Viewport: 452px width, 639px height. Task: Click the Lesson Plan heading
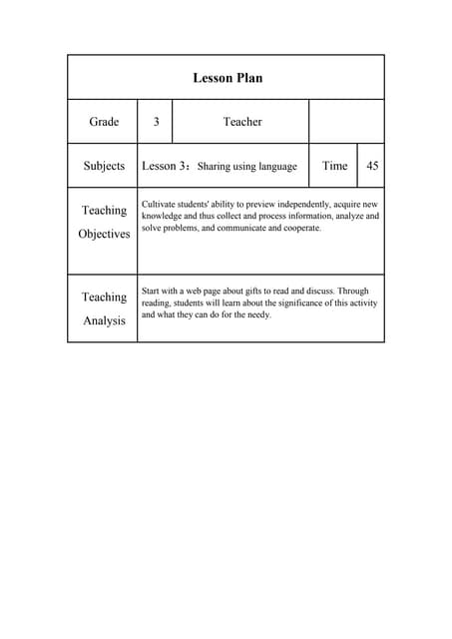tap(226, 78)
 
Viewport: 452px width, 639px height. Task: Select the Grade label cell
tap(104, 122)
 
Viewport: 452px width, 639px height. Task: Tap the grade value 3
tap(156, 122)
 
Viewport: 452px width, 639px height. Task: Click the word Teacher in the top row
tap(241, 122)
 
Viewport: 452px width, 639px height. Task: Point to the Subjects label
tap(104, 166)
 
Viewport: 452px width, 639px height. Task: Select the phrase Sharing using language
tap(246, 167)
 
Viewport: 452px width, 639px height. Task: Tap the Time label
tap(334, 166)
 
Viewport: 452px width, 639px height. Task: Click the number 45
tap(371, 166)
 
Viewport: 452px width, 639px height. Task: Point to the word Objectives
tap(104, 234)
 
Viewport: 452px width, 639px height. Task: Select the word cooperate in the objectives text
tap(301, 228)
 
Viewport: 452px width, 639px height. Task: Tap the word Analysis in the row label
tap(104, 320)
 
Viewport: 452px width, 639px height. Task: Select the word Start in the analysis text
tap(152, 291)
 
